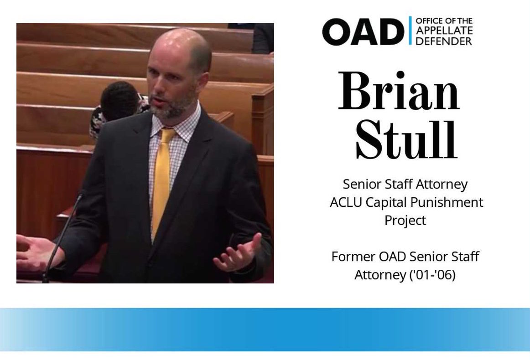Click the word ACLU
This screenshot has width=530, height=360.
(344, 202)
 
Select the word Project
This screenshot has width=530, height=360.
(405, 220)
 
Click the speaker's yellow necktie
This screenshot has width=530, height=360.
(162, 182)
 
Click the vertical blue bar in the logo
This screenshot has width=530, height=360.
(410, 31)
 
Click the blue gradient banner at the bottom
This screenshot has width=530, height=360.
(265, 329)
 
